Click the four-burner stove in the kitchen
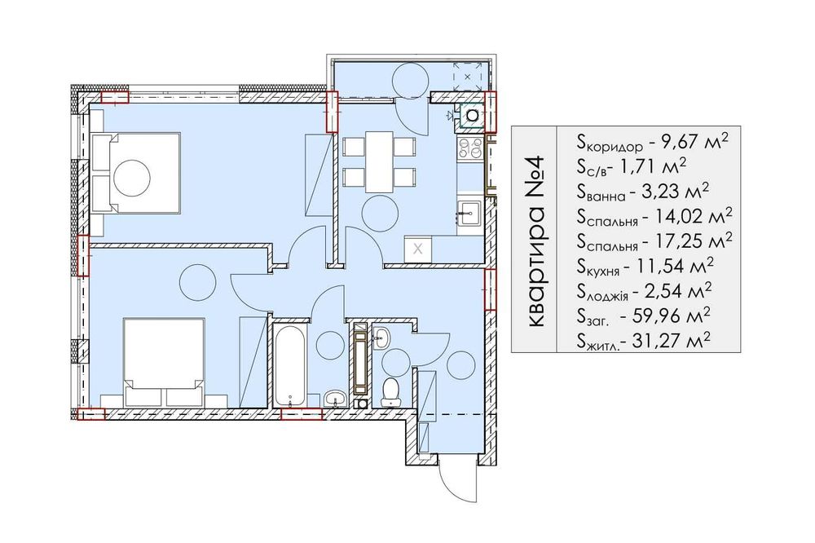click(470, 148)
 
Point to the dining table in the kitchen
click(379, 161)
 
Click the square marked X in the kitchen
click(418, 249)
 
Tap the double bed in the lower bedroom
click(163, 363)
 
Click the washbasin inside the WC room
click(381, 338)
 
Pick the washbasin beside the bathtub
click(335, 399)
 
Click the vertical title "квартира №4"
click(535, 240)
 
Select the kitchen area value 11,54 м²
click(679, 266)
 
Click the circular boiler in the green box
click(473, 114)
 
